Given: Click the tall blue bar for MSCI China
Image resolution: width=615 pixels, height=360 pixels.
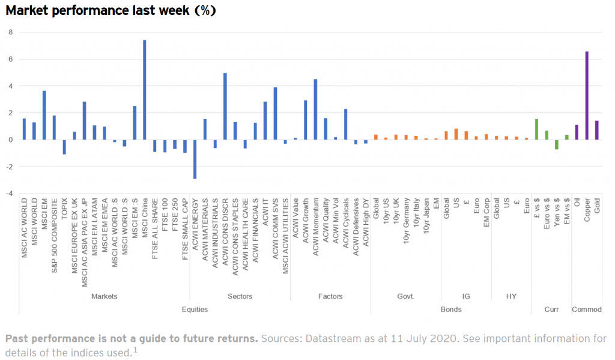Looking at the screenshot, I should [145, 90].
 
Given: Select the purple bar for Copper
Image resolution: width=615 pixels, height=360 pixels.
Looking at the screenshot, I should [587, 96].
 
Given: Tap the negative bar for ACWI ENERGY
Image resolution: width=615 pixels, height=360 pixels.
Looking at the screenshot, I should [195, 159].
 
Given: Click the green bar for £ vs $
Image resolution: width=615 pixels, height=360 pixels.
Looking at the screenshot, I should [536, 129].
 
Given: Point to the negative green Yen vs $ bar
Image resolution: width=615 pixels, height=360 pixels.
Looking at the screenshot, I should [557, 144].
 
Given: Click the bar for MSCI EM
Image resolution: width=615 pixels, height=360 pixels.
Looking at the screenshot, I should [44, 115].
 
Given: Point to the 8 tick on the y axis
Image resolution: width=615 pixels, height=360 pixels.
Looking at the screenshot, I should [10, 32].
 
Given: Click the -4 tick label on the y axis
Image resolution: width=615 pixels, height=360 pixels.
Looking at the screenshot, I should [8, 193].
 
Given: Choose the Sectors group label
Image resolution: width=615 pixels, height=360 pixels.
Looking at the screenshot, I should [240, 296].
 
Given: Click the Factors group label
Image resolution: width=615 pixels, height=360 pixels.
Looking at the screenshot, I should [330, 296].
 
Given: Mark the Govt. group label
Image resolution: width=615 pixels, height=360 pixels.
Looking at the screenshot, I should [406, 296].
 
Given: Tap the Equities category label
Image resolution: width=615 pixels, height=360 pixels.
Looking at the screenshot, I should [195, 310].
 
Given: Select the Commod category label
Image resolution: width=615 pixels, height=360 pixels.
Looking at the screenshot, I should [587, 310].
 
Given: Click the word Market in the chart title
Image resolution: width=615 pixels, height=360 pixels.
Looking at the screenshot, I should [29, 11].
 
